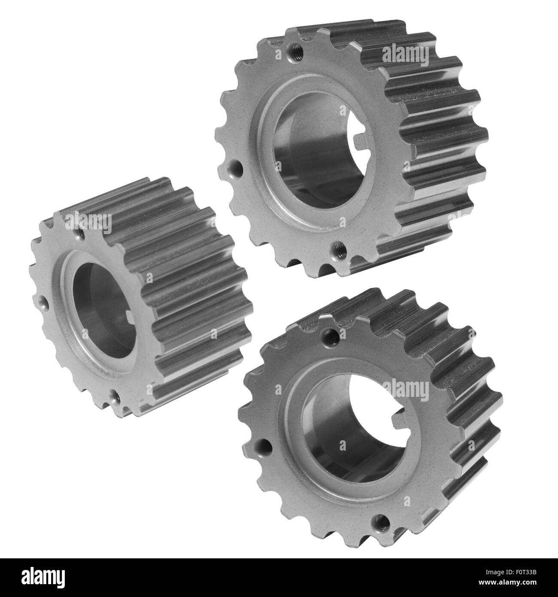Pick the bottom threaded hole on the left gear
[x=115, y=397]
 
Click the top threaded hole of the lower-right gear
[x=330, y=332]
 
